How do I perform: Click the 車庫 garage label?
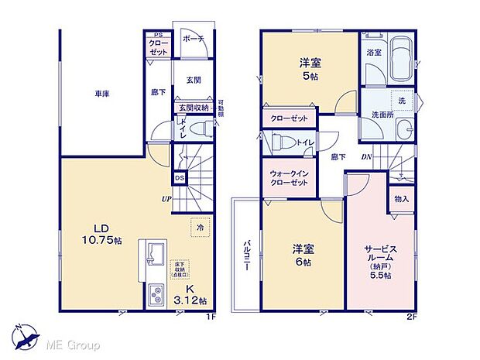(x=101, y=94)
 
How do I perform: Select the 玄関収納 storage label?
(x=193, y=108)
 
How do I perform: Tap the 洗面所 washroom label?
(x=382, y=115)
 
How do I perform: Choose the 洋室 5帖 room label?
(x=309, y=70)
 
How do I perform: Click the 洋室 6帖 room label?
(x=303, y=255)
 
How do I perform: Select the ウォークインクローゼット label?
(x=290, y=177)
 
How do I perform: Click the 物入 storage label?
(x=401, y=199)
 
